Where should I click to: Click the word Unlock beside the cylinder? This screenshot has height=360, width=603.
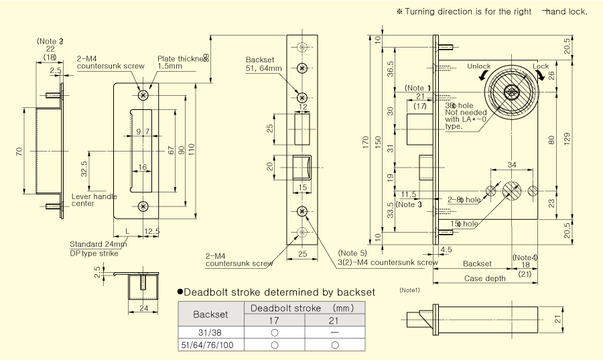(479, 66)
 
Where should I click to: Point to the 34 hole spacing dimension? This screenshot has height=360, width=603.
(512, 164)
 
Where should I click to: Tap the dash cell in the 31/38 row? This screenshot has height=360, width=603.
(334, 333)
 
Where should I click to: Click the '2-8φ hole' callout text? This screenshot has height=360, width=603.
(464, 200)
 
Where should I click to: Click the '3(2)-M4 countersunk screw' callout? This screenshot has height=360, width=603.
(379, 261)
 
